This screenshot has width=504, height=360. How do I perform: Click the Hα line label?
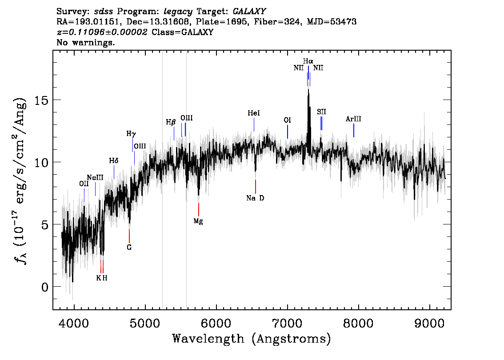[x=308, y=61]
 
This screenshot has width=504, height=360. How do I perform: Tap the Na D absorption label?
[x=255, y=198]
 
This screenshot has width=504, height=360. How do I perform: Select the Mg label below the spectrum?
[x=198, y=221]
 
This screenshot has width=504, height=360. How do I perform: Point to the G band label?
[x=129, y=248]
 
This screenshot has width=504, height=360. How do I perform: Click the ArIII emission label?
[x=353, y=119]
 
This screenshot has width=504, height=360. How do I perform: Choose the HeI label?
[x=254, y=113]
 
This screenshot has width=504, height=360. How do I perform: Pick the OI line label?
[x=287, y=120]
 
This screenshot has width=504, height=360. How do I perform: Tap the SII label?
[x=321, y=112]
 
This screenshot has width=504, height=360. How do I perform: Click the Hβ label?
[x=171, y=123]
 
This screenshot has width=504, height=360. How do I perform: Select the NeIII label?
[x=95, y=178]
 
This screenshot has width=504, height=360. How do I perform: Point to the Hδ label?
[x=114, y=161]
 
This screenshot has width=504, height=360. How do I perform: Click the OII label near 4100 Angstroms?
[x=84, y=184]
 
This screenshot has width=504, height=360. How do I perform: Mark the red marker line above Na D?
[x=256, y=187]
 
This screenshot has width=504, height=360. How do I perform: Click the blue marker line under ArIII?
[x=354, y=131]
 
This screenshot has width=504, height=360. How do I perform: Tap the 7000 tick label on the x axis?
[x=287, y=324]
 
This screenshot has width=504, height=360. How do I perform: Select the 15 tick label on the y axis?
[x=41, y=100]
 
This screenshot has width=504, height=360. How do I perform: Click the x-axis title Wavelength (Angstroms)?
[x=252, y=339]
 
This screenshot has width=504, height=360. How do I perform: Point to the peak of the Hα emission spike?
[x=308, y=89]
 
